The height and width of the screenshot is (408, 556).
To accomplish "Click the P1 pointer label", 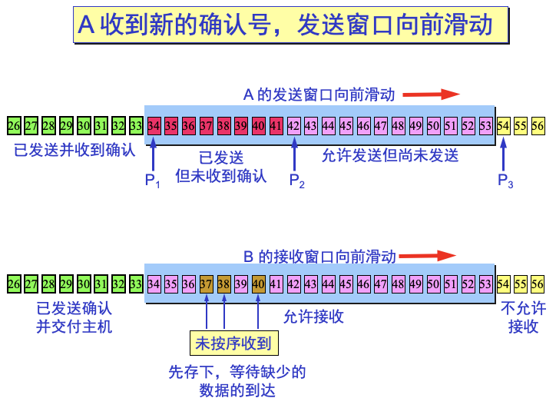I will tap(152, 181).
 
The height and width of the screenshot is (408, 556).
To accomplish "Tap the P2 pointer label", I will tap(296, 181).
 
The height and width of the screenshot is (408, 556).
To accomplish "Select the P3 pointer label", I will tap(505, 181).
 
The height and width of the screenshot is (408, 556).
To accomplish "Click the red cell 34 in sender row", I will tap(154, 125).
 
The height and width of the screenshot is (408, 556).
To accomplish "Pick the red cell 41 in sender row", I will tap(276, 125).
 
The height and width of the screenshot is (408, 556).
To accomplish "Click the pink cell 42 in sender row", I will tap(294, 125).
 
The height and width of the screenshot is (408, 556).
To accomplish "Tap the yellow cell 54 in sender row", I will tap(504, 125).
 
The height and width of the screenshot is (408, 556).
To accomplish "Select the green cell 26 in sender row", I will tap(14, 125).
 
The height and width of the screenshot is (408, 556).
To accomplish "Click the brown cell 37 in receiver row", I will tap(206, 284).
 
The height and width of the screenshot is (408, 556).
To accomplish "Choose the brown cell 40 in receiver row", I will tap(259, 284).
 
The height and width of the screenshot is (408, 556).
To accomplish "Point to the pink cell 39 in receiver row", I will tap(241, 284).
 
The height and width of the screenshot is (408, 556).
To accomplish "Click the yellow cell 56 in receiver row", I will tap(538, 284).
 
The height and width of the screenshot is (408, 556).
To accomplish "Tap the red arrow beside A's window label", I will tap(431, 95).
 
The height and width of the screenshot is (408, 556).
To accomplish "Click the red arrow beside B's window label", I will tap(428, 256).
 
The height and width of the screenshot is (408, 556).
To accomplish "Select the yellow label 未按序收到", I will tap(234, 343).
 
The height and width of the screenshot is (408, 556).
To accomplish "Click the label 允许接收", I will tap(313, 316).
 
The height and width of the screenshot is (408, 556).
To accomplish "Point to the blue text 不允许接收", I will tap(523, 317).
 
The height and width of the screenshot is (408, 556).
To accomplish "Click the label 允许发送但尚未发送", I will tap(390, 155).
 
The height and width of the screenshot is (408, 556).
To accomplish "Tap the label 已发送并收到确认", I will tap(74, 150).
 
